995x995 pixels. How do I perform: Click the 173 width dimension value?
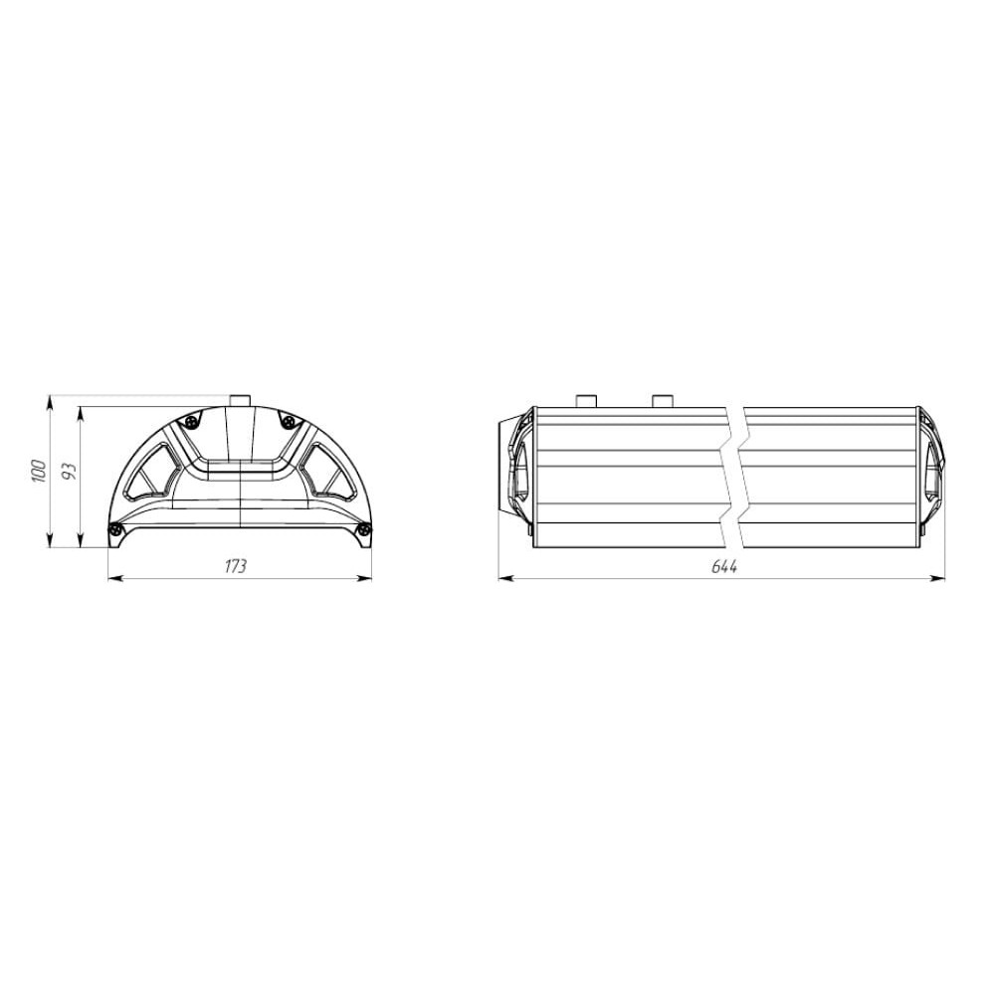point(236,566)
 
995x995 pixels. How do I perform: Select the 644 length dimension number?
point(724,566)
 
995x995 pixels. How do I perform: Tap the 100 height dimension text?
point(39,471)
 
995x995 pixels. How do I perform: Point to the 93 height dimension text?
point(70,471)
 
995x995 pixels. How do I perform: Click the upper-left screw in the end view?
point(190,420)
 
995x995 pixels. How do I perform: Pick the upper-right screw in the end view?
point(290,420)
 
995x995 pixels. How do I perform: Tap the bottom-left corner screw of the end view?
point(114,528)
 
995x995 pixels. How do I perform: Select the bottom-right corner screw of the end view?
point(364,528)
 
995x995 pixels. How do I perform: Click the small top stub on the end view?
point(240,400)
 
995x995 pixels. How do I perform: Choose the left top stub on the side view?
point(586,401)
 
